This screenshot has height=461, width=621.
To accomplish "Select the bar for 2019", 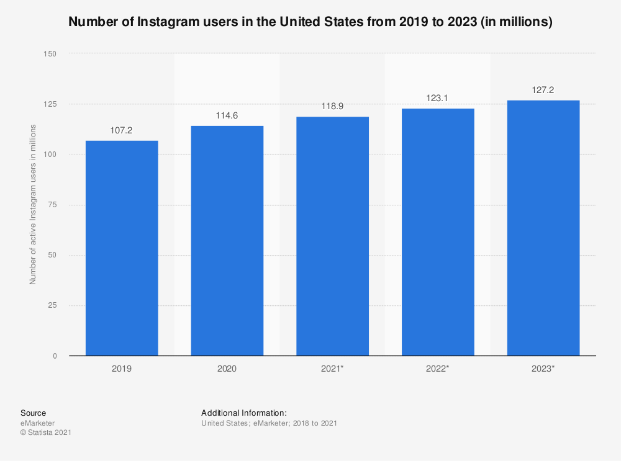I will (x=122, y=248).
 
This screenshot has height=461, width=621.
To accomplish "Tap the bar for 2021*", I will (x=332, y=236).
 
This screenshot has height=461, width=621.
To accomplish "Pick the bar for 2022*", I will (x=438, y=232).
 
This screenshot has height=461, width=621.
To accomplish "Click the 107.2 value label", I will (x=122, y=130).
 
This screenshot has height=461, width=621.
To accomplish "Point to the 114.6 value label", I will (x=227, y=115).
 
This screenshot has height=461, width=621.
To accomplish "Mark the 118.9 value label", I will (x=332, y=107).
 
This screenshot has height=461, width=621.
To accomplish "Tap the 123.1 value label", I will (x=438, y=98).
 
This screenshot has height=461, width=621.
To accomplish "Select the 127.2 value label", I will (x=543, y=90).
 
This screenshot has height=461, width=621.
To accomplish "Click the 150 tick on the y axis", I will (x=50, y=54).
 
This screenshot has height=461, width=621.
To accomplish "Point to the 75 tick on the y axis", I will (x=52, y=205).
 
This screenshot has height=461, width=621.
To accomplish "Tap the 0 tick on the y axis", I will (x=55, y=356).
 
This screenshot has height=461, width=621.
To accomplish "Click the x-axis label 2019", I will (x=122, y=369).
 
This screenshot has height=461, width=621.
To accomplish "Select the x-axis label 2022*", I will (x=438, y=369).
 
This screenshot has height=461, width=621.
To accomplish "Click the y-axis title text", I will (x=33, y=205).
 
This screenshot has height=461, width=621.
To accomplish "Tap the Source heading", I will (x=33, y=413).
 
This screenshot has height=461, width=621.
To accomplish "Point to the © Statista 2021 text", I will (x=46, y=432).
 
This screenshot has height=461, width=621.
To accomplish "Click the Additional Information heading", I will (x=244, y=413).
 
